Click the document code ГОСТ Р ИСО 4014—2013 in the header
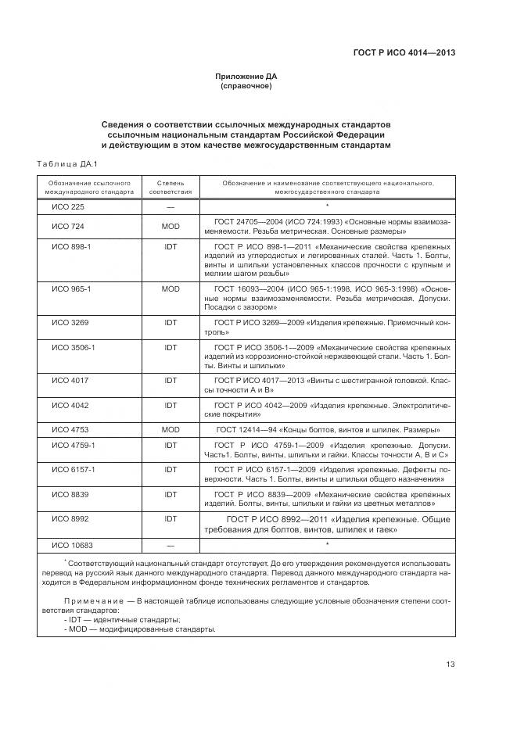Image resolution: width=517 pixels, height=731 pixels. click(405, 53)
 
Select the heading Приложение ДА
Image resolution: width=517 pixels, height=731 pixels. click(246, 77)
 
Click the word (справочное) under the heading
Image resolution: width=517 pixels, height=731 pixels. click(246, 86)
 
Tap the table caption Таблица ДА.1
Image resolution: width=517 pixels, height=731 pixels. click(66, 163)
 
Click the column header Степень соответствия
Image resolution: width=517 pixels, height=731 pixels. click(171, 186)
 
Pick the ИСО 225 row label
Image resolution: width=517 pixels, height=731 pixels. click(68, 207)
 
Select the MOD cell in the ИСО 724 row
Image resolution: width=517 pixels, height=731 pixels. click(171, 227)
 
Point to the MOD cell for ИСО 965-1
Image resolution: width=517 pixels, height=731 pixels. click(171, 288)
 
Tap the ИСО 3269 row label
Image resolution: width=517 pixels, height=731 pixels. click(70, 321)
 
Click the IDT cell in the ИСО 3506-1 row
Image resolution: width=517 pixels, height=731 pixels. click(171, 346)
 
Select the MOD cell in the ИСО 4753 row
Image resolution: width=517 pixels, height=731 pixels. click(171, 430)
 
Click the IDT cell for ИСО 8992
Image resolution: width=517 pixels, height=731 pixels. click(171, 518)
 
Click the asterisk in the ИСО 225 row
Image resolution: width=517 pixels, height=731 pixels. click(327, 207)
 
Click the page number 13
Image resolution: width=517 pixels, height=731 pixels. click(451, 665)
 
